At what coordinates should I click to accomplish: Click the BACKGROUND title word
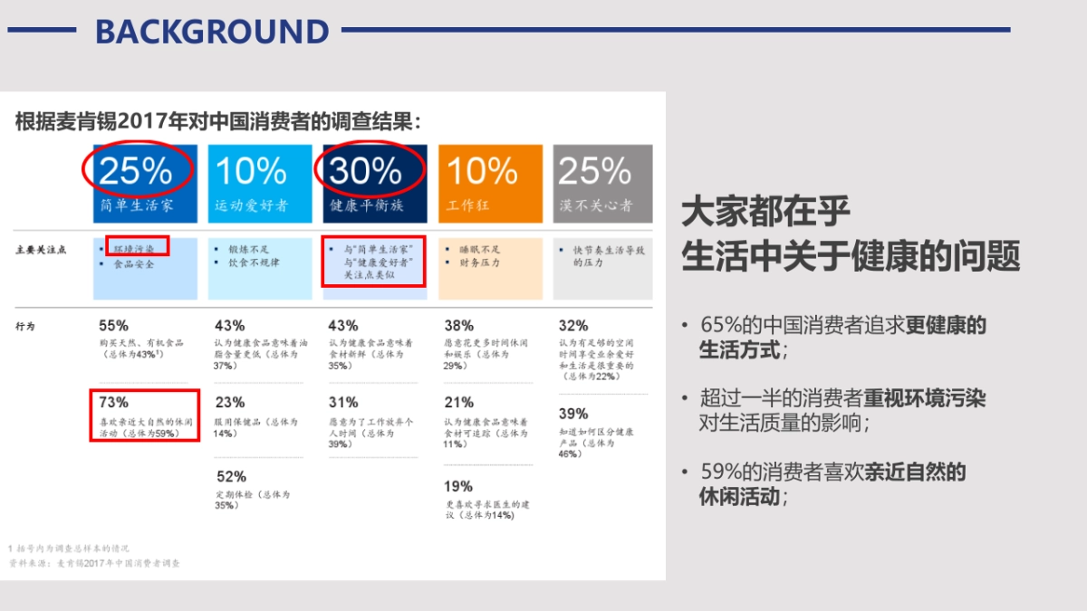pos(212,32)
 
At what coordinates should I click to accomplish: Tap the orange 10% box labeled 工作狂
pos(490,183)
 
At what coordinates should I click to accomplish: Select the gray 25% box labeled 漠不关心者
pos(602,183)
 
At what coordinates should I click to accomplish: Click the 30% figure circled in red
pos(365,171)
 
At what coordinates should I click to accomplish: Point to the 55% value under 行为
pos(113,325)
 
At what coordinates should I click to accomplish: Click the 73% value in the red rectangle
pos(113,402)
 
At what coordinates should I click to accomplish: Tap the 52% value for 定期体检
pos(230,476)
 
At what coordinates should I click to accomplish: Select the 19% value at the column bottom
pos(458,486)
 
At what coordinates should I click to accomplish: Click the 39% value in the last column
pos(573,414)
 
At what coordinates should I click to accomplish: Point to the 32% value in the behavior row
pos(573,325)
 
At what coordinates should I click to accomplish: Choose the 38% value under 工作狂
pos(458,325)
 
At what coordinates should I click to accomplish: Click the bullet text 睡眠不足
pos(479,249)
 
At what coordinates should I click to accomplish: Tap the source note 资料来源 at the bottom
pos(94,563)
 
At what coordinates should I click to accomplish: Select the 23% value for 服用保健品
pos(230,402)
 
